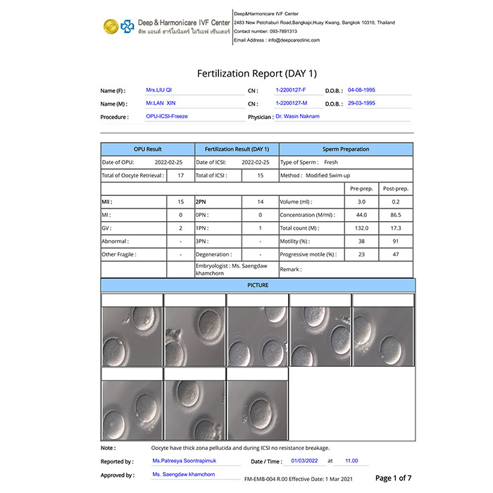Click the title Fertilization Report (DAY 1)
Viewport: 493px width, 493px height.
pos(256,73)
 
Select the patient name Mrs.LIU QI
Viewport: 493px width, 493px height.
pos(159,91)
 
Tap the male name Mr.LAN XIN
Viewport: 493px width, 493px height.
pos(161,104)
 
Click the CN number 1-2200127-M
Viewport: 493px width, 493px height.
pos(291,104)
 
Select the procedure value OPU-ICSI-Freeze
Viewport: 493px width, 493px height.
pos(167,116)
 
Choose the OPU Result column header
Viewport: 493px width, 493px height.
pos(148,149)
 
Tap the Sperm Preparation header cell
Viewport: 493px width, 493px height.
pos(346,149)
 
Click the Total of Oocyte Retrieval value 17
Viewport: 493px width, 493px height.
pos(181,175)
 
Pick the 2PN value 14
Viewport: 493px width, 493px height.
pos(261,201)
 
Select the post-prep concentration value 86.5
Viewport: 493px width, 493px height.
pos(396,215)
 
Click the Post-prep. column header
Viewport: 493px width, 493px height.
pos(396,189)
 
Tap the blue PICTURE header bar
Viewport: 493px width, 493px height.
pos(258,285)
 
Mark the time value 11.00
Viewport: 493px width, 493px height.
pos(351,461)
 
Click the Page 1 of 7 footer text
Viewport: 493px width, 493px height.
pos(394,478)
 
